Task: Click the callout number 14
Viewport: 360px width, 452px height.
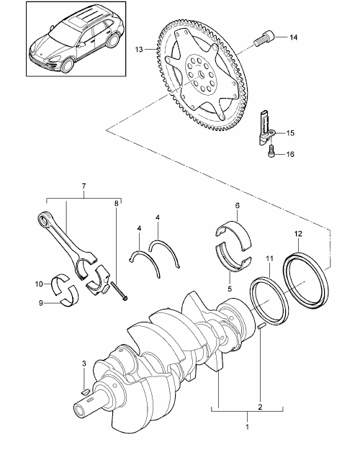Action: pos(293,37)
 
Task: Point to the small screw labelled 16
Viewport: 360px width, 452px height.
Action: pos(271,151)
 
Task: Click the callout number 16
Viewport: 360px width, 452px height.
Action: pos(290,154)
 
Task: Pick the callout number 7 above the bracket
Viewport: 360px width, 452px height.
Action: pos(84,186)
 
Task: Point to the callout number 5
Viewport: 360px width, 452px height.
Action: pos(230,289)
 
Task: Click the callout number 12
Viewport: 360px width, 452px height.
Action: pos(298,233)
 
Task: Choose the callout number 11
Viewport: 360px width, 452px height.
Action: pos(269,258)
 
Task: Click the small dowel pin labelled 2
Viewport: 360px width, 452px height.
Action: pos(261,326)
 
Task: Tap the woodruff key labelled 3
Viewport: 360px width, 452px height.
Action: pos(85,392)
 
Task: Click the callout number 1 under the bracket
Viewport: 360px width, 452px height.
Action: pos(247,426)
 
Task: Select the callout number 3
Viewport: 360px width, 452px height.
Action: pos(84,363)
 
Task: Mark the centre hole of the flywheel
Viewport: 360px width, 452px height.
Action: pos(200,74)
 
